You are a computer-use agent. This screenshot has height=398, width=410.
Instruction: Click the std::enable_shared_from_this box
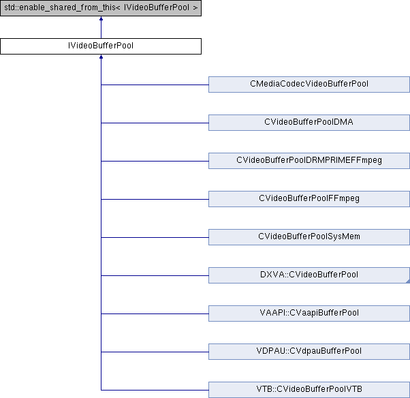point(101,8)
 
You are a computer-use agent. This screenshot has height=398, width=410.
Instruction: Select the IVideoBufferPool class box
point(101,46)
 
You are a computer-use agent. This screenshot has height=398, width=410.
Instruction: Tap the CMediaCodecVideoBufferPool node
point(309,85)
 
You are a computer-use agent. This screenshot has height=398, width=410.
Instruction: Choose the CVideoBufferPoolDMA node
point(309,123)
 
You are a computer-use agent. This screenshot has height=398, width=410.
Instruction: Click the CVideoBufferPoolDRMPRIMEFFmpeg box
point(309,161)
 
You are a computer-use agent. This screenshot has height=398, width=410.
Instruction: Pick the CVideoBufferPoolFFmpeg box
point(309,199)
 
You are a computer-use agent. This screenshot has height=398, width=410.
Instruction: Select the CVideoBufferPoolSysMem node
point(309,237)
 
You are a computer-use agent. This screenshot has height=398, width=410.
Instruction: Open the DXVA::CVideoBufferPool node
point(309,275)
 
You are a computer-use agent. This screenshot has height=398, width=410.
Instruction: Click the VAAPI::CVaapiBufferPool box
point(309,313)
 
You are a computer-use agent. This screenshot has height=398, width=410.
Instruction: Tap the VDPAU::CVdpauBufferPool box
point(309,352)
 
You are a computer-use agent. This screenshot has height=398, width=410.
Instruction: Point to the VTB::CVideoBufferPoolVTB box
point(309,390)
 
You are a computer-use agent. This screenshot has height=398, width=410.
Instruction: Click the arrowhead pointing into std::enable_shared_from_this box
point(101,18)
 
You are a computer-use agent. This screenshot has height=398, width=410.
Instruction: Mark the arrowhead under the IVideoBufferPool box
point(101,57)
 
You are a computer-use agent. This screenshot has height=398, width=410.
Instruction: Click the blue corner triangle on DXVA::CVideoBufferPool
point(408,281)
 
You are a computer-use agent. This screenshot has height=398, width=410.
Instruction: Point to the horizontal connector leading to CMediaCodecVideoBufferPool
point(155,85)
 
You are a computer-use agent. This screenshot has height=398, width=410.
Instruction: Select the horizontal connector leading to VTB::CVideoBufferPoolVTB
point(155,390)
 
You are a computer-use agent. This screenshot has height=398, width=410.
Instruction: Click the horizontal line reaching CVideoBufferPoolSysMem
point(155,238)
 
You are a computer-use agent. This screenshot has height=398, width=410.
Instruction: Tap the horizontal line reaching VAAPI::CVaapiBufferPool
point(155,313)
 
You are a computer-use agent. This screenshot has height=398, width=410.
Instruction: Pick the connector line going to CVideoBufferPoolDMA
point(155,123)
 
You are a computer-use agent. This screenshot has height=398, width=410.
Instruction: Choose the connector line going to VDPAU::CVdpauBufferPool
point(155,352)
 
